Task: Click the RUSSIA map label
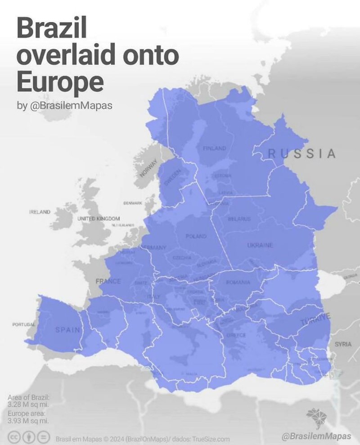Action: tap(302, 153)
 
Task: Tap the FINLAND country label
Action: tap(215, 148)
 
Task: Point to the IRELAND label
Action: tap(40, 211)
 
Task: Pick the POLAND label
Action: tap(196, 236)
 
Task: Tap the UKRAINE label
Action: tap(260, 245)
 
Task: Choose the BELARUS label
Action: tap(236, 219)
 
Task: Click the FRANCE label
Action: tap(108, 281)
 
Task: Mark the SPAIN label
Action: tap(68, 330)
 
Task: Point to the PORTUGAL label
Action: tap(24, 324)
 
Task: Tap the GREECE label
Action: tap(236, 335)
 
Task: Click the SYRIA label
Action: tap(343, 344)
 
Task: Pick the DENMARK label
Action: tap(132, 203)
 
